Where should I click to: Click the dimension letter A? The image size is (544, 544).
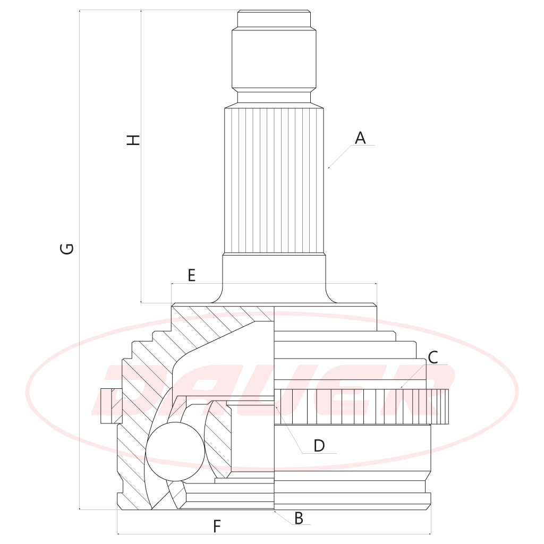[x=360, y=138]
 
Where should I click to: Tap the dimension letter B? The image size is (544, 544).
[x=299, y=518]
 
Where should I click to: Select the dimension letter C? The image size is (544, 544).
[x=433, y=358]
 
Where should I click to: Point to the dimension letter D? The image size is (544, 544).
[x=319, y=446]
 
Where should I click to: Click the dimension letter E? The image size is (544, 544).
[x=191, y=275]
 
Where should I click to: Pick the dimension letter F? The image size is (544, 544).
[x=217, y=526]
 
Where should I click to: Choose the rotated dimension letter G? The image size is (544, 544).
[x=67, y=249]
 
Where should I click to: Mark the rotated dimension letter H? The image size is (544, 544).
[x=133, y=140]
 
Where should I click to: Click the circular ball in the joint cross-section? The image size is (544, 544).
[x=175, y=452]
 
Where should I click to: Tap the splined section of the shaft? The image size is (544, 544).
[x=274, y=181]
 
